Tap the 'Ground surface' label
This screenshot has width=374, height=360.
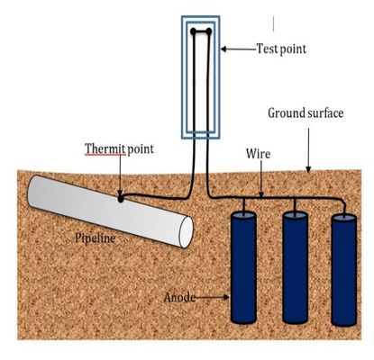[x=304, y=114]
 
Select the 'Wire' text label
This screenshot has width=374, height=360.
[x=258, y=155]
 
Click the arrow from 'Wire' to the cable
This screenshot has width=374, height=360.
[x=260, y=180]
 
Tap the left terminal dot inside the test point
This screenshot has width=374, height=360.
[x=192, y=33]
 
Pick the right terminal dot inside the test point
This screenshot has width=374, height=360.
[x=208, y=33]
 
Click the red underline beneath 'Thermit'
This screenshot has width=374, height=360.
[x=102, y=156]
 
